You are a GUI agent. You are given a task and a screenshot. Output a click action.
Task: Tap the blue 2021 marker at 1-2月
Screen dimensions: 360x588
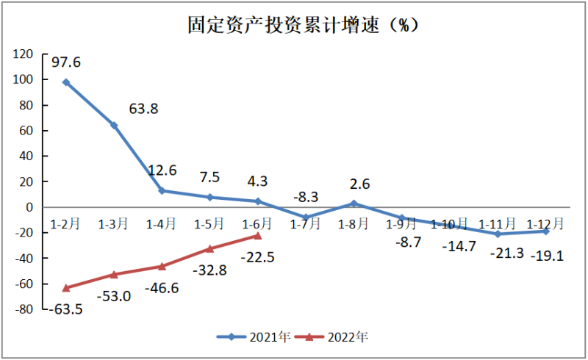click(x=66, y=82)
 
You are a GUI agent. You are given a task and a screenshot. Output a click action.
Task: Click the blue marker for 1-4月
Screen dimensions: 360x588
click(x=162, y=191)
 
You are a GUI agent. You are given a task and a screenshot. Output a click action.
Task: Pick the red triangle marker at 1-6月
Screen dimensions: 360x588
click(x=257, y=235)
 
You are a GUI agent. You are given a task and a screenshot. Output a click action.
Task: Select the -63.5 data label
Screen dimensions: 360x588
click(x=65, y=309)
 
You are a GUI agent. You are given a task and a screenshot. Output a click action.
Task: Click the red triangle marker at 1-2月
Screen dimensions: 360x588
click(x=66, y=287)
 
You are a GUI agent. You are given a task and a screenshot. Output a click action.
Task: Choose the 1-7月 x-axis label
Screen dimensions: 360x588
click(x=305, y=223)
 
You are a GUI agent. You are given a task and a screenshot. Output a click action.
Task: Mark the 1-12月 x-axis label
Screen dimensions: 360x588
click(x=545, y=223)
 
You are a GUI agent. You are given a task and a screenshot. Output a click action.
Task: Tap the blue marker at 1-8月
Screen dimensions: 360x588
click(x=354, y=204)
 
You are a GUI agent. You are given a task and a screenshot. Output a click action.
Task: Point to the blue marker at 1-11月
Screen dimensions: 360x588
click(x=498, y=234)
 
